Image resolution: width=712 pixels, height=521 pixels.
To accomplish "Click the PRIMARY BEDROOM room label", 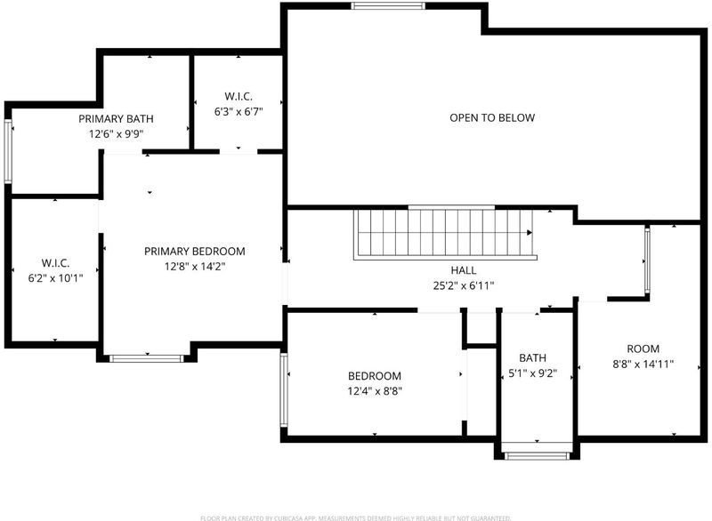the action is [194, 252].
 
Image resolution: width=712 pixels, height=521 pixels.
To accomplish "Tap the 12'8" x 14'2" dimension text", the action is [195, 266].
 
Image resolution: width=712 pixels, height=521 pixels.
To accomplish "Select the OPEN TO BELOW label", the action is [492, 118].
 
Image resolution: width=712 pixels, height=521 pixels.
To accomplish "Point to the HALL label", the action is [464, 270].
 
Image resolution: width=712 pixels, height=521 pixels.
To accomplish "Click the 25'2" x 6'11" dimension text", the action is [464, 285].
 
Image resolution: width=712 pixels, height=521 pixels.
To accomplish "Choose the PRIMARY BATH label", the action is [116, 119].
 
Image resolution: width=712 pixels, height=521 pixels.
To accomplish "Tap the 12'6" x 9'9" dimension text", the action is [116, 134].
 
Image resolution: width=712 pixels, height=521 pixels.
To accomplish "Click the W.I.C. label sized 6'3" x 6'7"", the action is [239, 97].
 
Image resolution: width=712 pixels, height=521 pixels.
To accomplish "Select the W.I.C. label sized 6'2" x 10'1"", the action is [55, 263].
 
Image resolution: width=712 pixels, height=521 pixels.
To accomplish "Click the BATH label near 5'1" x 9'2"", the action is [532, 358].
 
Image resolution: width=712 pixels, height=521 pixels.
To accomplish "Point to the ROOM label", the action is [643, 349].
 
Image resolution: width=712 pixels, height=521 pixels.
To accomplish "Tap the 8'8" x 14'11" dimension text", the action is [643, 365].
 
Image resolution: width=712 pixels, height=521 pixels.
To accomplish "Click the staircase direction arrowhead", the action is [530, 233].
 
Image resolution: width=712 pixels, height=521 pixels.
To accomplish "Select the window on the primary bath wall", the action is [8, 151].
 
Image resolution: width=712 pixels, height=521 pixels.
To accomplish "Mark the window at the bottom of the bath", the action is [537, 456].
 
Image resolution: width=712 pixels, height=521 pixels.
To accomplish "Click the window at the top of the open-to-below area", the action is [388, 6].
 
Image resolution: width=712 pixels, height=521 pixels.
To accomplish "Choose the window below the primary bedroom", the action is [147, 358].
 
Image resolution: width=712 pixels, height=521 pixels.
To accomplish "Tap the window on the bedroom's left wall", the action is [284, 390].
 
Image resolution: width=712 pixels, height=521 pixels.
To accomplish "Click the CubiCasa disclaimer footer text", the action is [356, 517].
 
